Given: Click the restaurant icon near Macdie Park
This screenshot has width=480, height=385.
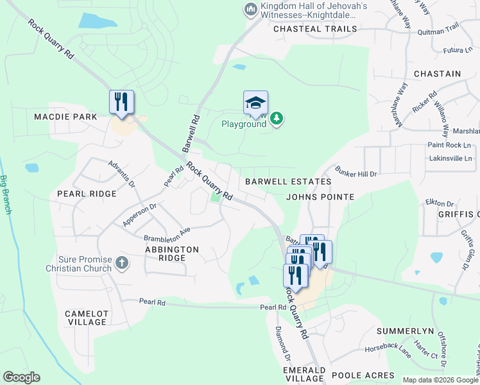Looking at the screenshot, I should pos(121,102).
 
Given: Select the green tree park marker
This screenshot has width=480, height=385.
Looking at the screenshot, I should pos(277,118).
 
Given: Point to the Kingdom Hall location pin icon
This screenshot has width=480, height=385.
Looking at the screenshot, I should pos(250,9).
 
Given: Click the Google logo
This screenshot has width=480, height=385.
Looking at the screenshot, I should pos(21,377).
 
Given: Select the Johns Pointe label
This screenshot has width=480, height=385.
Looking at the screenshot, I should pos(320,197).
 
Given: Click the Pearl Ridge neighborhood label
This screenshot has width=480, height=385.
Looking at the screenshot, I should pos(87,193).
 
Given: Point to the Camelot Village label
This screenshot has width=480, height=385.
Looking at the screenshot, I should pos(86,318).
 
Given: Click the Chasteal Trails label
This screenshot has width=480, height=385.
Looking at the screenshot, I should pos(314,29).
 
